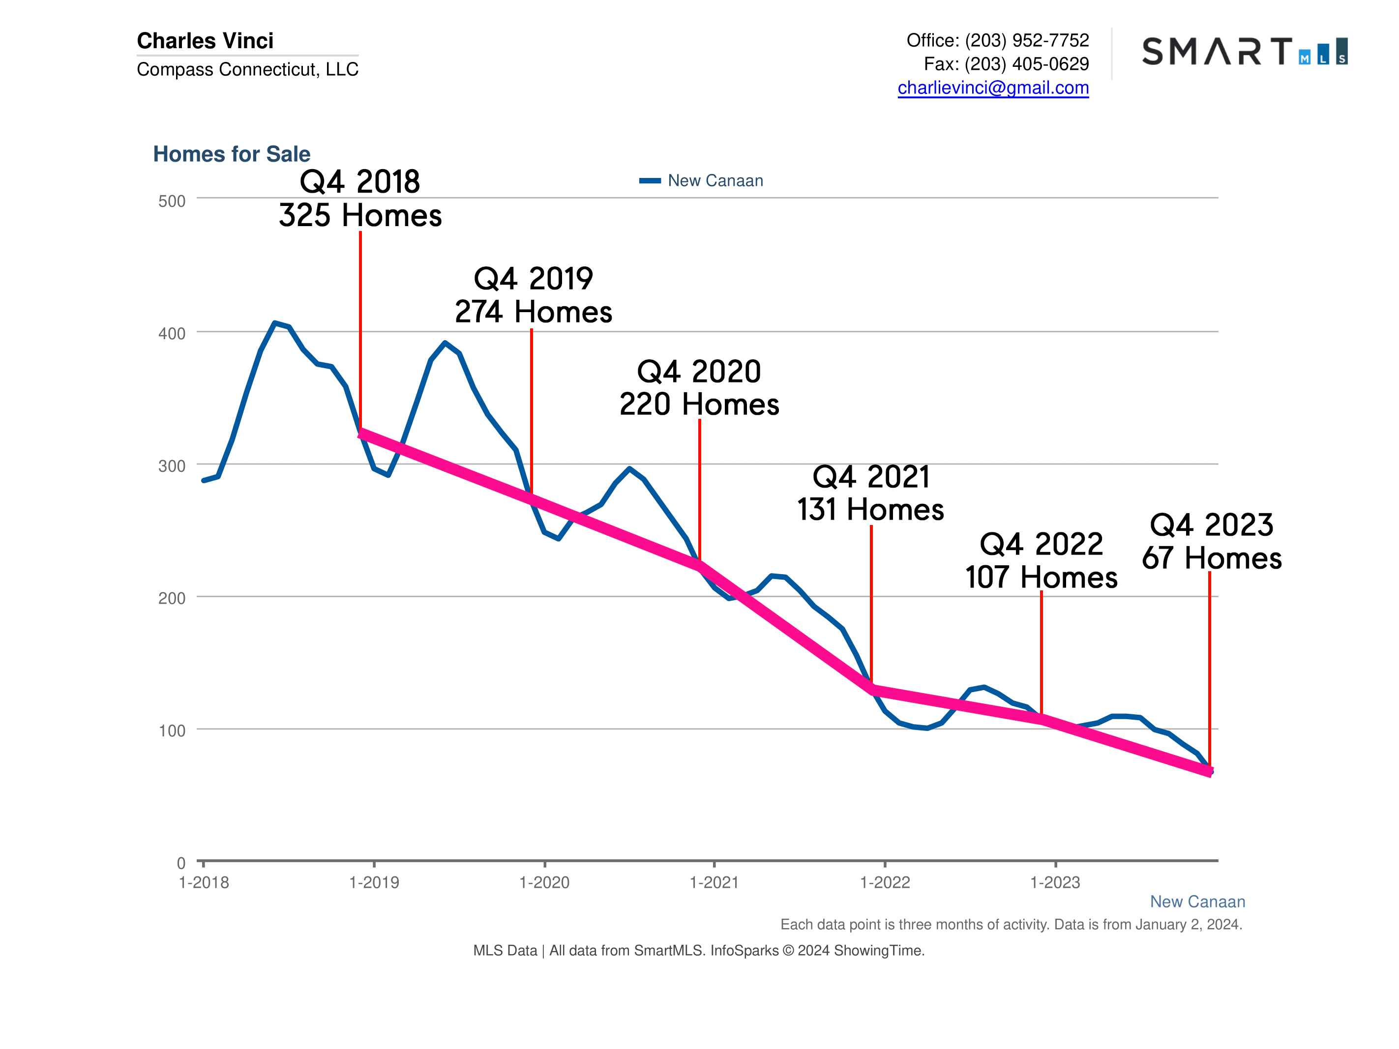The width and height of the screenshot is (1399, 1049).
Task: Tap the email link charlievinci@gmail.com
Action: point(992,88)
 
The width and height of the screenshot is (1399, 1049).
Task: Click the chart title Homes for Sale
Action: point(232,154)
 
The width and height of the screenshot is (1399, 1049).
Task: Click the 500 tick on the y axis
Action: point(172,201)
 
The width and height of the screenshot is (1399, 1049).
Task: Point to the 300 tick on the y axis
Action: point(172,466)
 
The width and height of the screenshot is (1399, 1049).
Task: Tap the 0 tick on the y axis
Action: point(181,863)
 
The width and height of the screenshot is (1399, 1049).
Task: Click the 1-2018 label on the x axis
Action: point(204,883)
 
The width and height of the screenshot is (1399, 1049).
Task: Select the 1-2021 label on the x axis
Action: point(714,883)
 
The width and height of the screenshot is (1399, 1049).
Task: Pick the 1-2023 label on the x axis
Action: point(1054,883)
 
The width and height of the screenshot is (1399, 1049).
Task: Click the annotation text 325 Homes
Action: point(360,216)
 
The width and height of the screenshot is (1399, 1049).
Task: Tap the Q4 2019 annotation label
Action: point(533,279)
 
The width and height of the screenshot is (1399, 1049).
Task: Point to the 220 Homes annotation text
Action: point(699,405)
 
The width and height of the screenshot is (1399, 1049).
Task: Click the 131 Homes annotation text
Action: point(870,510)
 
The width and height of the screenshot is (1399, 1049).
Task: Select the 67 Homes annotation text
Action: point(1211,558)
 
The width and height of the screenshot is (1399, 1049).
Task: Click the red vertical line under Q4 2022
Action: point(1041,651)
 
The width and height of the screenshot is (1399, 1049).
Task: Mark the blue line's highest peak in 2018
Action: point(274,323)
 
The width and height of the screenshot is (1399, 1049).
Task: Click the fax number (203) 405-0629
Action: point(1026,64)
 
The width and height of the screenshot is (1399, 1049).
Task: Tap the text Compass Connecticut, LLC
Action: point(247,69)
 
